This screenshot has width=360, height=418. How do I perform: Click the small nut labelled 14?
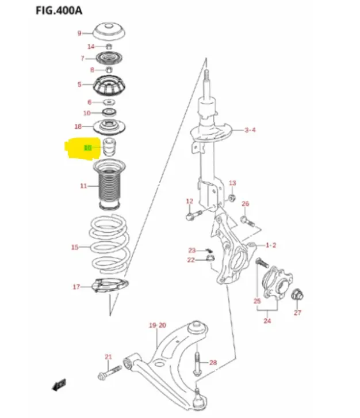click(109, 46)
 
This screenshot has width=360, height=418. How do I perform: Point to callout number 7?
click(83, 58)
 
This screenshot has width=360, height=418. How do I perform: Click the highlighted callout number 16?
click(87, 148)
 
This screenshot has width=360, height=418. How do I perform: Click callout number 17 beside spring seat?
click(76, 287)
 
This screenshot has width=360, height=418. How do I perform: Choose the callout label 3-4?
click(250, 130)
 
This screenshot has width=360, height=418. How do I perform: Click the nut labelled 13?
click(231, 197)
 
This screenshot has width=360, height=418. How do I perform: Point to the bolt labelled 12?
click(192, 216)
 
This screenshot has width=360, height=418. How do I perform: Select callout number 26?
click(245, 204)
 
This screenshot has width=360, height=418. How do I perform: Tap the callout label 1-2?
click(271, 245)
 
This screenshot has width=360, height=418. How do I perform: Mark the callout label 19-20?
click(158, 325)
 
